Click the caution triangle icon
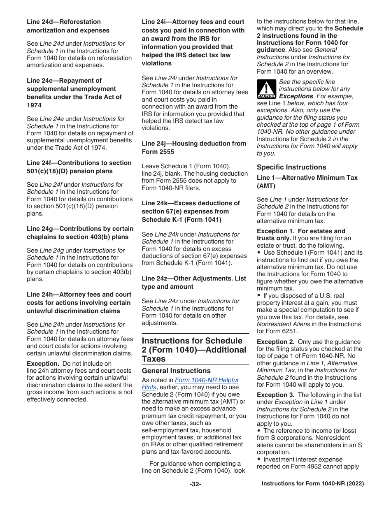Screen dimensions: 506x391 coord(266,89)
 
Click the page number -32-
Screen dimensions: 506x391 coord(195,484)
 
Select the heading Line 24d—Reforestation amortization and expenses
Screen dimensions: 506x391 coord(68,26)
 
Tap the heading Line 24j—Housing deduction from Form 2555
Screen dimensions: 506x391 coord(194,148)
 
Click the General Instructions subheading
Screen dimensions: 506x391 coord(176,371)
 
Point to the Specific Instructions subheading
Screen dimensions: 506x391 coord(291,167)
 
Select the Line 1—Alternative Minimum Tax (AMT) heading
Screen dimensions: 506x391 coord(307,181)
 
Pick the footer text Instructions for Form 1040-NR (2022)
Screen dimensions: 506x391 coord(313,484)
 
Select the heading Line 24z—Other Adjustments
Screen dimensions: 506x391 coord(194,283)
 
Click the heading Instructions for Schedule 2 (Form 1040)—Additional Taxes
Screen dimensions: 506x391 coord(194,350)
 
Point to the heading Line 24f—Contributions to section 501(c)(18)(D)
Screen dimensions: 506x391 coord(79,167)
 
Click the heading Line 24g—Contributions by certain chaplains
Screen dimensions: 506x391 coord(80,233)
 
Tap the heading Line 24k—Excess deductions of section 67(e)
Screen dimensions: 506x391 coord(191,211)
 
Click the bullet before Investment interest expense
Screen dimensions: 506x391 coord(259,459)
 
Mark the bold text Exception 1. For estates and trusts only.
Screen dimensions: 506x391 coord(301,234)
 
